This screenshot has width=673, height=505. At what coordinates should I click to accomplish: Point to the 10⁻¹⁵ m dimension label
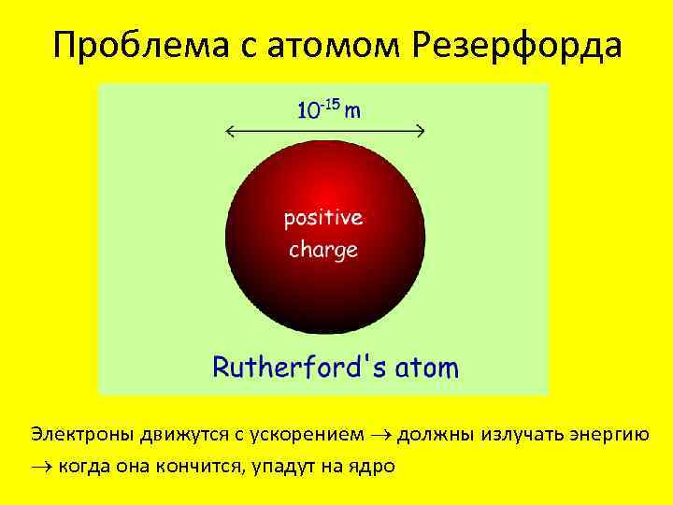(x=330, y=109)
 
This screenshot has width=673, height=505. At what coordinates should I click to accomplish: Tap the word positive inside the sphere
(x=323, y=219)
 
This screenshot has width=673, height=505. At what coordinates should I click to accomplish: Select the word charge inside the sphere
(x=323, y=250)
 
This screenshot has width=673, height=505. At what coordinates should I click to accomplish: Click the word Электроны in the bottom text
(x=82, y=435)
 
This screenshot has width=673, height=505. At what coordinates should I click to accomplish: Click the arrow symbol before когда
(x=40, y=465)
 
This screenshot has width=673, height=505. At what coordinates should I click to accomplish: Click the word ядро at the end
(x=375, y=465)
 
